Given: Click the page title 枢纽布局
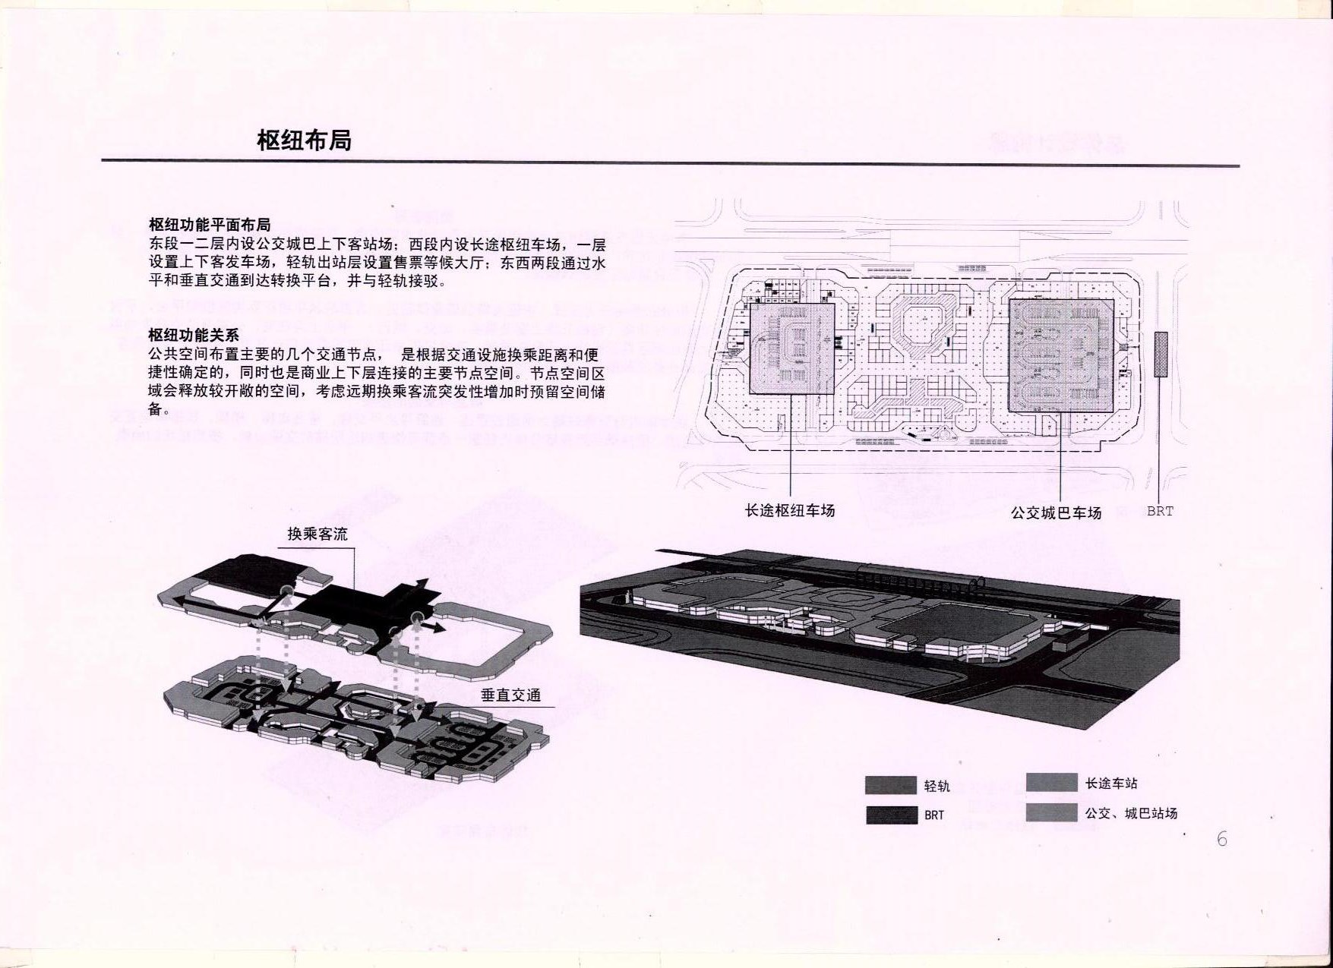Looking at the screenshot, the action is click(304, 140).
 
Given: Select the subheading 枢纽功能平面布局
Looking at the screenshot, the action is click(210, 225).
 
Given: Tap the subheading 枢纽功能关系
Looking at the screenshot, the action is click(194, 335).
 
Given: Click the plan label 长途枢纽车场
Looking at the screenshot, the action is click(790, 510).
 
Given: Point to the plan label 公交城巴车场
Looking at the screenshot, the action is click(1056, 512).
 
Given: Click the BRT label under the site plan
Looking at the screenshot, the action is click(1160, 511).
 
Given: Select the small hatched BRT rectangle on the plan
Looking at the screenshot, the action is click(1161, 354).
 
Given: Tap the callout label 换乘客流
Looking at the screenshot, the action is click(317, 534).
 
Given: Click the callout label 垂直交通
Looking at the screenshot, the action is click(511, 695).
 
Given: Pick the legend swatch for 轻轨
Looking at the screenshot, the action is click(891, 785).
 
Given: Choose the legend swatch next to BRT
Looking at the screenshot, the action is click(891, 815).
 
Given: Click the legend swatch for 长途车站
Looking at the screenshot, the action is click(1051, 782).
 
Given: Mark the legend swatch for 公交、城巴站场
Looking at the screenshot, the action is click(1051, 812).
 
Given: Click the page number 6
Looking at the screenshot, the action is click(1221, 839).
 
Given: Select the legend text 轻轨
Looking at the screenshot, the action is click(937, 786).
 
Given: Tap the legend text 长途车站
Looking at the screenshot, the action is click(1111, 783).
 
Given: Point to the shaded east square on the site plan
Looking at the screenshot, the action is click(1061, 355).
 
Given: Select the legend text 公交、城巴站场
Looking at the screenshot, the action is click(1132, 813).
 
